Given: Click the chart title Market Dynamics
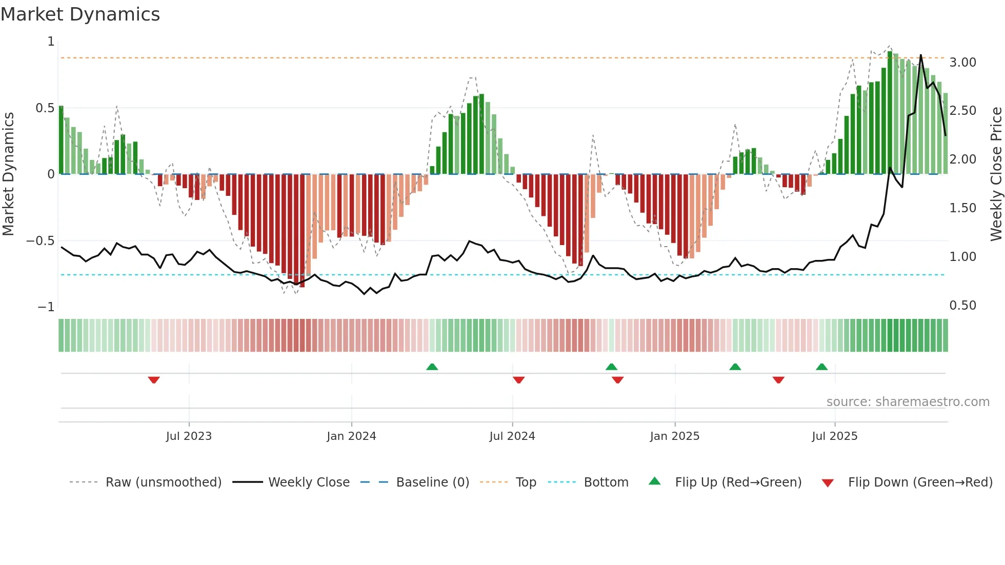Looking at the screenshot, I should point(81,14).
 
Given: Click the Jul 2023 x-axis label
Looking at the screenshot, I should point(189,436).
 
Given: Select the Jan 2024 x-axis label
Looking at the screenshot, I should point(351,436).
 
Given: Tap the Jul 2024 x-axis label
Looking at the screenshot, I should point(512,436).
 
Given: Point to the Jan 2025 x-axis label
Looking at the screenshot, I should point(674,436).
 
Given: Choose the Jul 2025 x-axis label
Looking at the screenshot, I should point(834,436).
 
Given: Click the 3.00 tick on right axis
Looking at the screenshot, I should point(962,63).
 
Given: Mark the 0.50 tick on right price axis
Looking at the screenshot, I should point(962,306).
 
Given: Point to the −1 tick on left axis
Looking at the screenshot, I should point(46,307).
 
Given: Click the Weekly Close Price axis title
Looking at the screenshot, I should point(996,174).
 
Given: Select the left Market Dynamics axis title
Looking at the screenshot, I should point(8,174).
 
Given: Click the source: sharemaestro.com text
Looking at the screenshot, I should point(908,402).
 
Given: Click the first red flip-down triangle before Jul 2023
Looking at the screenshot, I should point(154,380).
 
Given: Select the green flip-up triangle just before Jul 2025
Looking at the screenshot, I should point(821,367).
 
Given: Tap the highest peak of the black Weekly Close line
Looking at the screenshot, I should point(921,55).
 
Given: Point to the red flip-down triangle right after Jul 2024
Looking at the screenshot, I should point(518,380).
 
